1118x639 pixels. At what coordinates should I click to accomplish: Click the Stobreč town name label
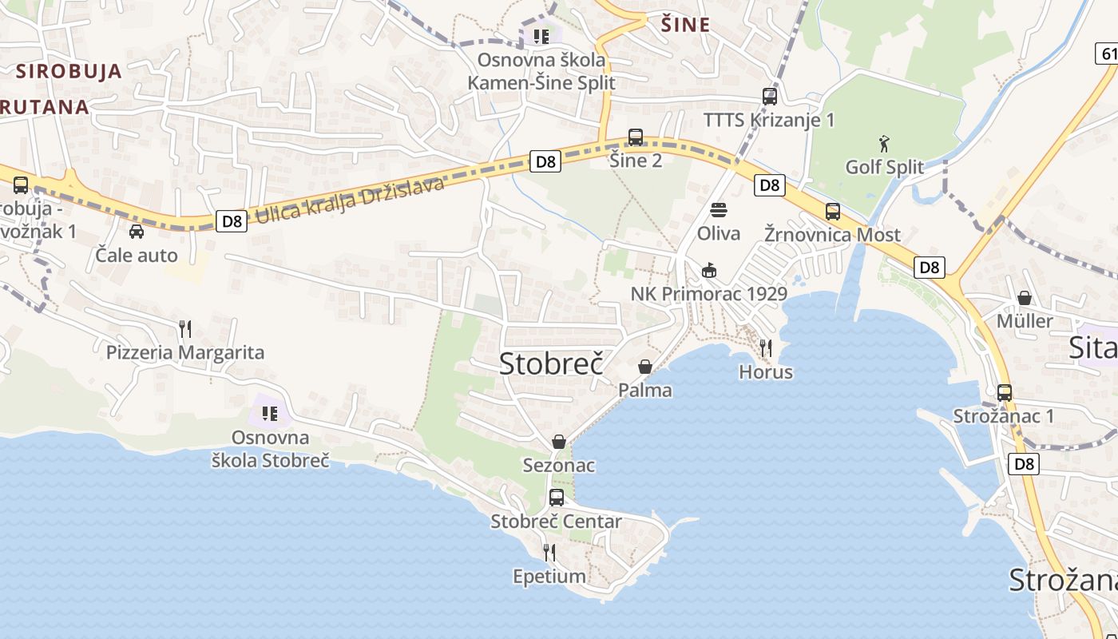[550, 363]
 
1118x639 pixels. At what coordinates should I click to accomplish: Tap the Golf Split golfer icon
[884, 145]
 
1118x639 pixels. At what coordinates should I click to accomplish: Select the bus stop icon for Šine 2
[636, 137]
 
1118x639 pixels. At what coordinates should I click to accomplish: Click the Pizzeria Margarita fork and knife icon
[185, 328]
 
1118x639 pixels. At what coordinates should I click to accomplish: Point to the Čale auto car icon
[137, 232]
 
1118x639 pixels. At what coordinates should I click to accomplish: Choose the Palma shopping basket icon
[645, 367]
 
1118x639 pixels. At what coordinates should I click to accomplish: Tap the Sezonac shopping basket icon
[559, 442]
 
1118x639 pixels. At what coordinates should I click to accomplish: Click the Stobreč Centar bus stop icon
[557, 498]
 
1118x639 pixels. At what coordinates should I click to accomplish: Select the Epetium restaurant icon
[549, 552]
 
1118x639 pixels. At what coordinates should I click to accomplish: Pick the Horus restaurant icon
[766, 347]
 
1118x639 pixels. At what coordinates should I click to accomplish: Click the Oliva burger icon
[719, 210]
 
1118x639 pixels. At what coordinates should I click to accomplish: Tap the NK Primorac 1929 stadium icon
[709, 270]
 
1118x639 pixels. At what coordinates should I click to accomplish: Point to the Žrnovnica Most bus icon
[833, 212]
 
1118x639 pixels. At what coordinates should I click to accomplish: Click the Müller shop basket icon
[1025, 298]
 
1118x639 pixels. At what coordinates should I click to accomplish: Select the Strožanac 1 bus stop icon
[1005, 393]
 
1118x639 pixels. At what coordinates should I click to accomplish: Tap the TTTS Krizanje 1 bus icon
[770, 97]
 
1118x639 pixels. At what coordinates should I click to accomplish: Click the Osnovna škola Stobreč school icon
[270, 413]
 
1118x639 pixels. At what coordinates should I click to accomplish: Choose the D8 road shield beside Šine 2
[545, 161]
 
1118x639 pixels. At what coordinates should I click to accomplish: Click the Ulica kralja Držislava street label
[349, 201]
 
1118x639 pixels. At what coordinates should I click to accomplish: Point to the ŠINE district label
[686, 25]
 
